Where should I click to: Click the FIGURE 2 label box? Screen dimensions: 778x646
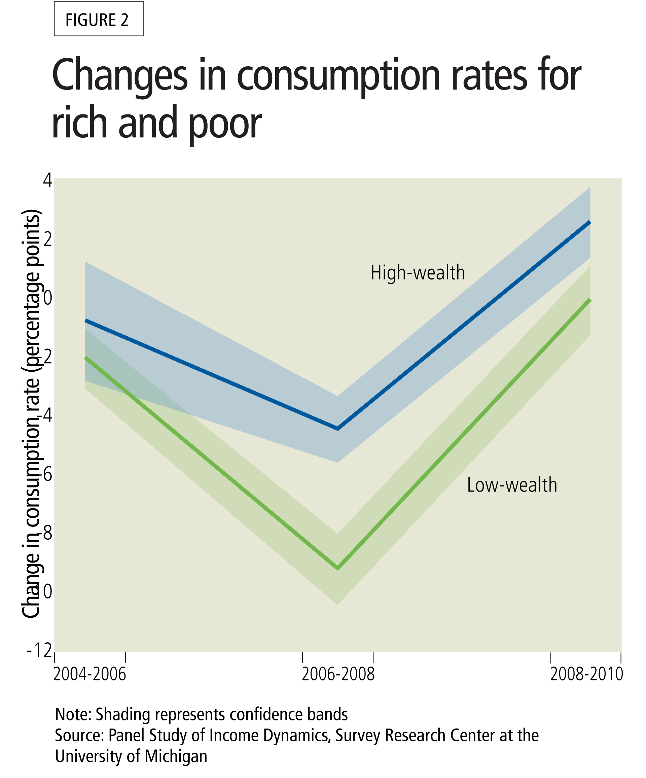coord(99,19)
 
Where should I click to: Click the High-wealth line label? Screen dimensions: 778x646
coord(418,273)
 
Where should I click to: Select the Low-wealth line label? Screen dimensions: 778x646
coord(512,485)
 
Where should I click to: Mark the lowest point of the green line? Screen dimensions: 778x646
coord(337,568)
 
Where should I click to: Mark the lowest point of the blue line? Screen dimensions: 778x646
coord(337,429)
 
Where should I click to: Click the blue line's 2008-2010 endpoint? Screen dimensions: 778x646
coord(590,222)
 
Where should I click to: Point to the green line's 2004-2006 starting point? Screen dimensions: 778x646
coord(85,358)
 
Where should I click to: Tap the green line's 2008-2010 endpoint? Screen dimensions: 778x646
coord(590,300)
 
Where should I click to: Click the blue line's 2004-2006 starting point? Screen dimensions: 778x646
coord(85,320)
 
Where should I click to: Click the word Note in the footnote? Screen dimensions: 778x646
coord(72,714)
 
